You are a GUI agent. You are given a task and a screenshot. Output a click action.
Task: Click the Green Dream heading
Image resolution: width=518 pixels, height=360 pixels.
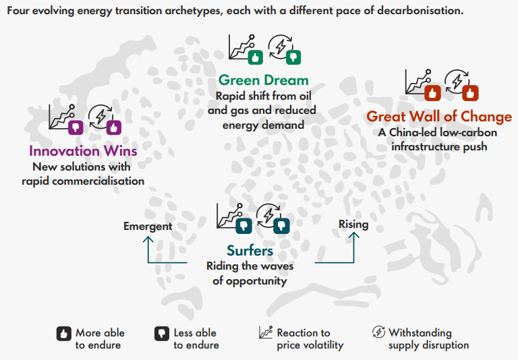[x=264, y=80]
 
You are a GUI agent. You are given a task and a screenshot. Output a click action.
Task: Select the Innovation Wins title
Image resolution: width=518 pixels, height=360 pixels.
[x=83, y=150]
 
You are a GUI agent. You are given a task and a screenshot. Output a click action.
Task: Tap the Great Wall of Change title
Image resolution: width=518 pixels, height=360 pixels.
[x=439, y=117]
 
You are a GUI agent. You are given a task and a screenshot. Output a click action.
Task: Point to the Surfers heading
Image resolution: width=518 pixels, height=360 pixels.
[x=250, y=251]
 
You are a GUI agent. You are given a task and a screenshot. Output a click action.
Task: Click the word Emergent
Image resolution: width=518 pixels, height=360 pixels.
[x=148, y=227]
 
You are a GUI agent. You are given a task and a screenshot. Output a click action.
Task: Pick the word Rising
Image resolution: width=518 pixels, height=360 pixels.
[x=353, y=224]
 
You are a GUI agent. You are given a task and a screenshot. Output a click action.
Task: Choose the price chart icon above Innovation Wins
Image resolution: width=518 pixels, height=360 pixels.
[x=63, y=118]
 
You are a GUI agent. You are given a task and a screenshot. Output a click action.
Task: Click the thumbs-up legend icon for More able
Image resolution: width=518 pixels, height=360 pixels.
[x=64, y=333]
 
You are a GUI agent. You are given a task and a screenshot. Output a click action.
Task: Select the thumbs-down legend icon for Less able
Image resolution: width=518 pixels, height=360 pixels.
[x=161, y=333]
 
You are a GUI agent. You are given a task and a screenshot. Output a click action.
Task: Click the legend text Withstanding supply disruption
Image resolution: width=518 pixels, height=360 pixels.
[x=428, y=338]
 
